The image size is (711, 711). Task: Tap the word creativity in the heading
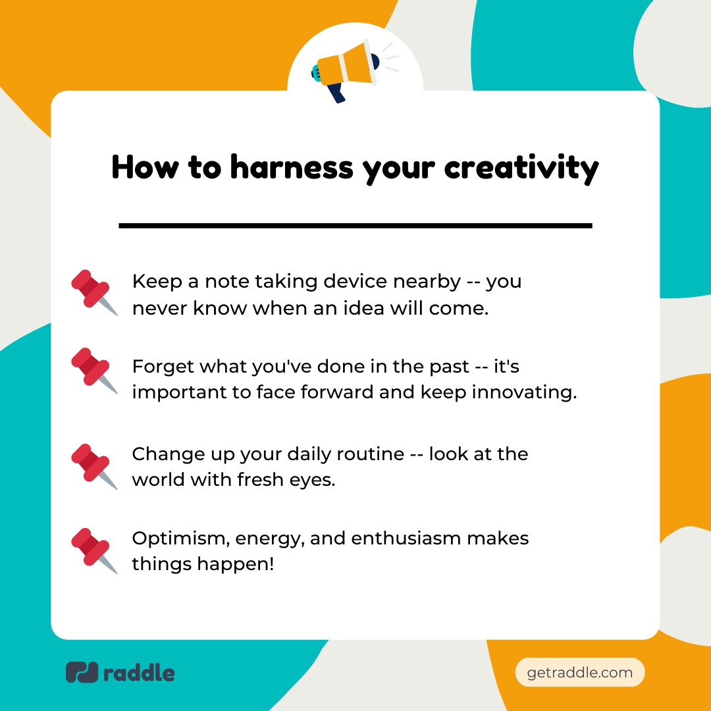[x=521, y=168]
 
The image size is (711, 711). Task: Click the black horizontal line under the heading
[x=355, y=226]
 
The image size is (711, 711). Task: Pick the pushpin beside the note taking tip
[x=93, y=292]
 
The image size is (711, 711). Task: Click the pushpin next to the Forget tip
[x=93, y=371]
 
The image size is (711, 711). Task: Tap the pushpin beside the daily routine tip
[x=93, y=466]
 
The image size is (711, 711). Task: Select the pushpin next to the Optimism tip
[x=93, y=550]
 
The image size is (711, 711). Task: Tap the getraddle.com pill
[x=580, y=673]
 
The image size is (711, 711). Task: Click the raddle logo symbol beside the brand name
[x=82, y=672]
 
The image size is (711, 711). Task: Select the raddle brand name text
[x=139, y=673]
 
